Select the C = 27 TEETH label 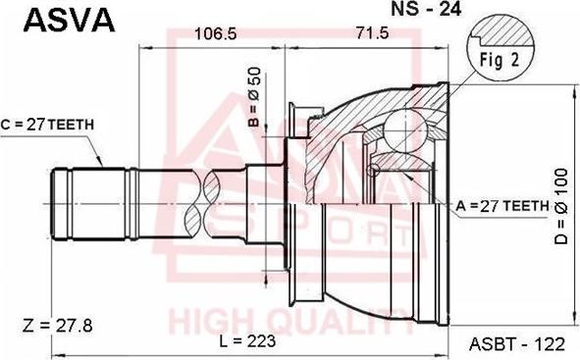pyautogui.click(x=46, y=125)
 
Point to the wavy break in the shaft pyautogui.click(x=212, y=203)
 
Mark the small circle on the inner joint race pyautogui.click(x=372, y=170)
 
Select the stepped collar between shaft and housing pyautogui.click(x=263, y=203)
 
